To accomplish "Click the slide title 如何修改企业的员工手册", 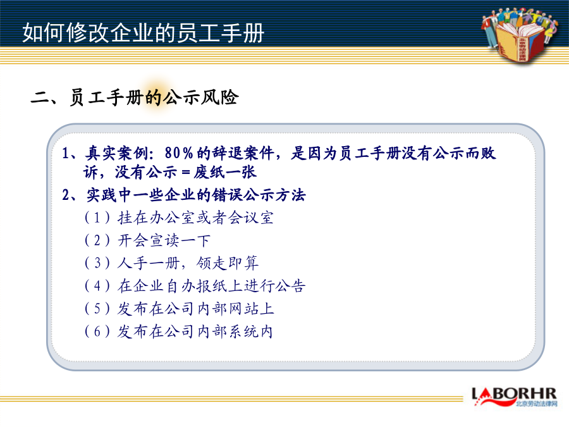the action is [143, 33].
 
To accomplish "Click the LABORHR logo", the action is [514, 396].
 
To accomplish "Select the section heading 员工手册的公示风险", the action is [154, 97].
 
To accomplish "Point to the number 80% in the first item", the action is [179, 153].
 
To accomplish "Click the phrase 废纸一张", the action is [225, 172].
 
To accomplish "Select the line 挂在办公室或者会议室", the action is [195, 218].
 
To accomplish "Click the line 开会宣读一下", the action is [164, 240].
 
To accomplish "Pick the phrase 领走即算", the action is [228, 263].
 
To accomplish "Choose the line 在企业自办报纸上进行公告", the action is [212, 286].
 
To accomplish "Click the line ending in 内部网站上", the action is [195, 309].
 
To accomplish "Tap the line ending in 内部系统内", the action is [195, 331].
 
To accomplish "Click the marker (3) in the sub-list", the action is [97, 263].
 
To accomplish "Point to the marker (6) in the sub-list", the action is [97, 331].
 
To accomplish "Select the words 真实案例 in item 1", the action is [116, 153].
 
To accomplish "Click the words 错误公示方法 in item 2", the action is [259, 195].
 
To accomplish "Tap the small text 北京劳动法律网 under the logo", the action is [536, 404].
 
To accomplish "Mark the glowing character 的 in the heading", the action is [154, 97].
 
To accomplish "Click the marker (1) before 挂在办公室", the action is [97, 218].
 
